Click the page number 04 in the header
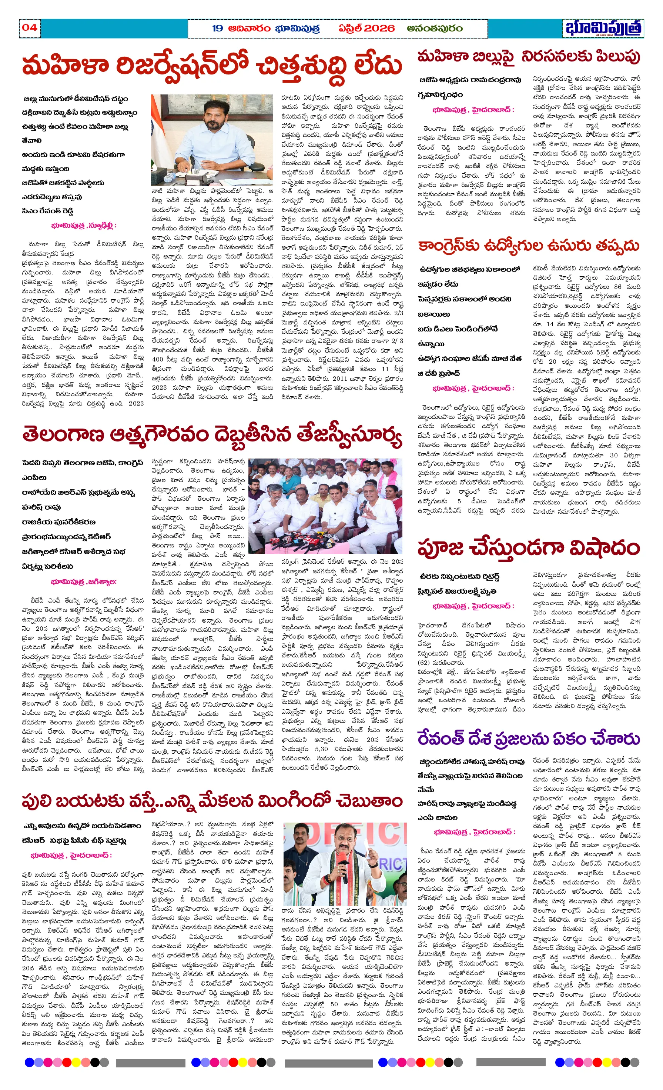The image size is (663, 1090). coord(30,27)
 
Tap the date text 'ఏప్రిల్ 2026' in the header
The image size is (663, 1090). coord(366,28)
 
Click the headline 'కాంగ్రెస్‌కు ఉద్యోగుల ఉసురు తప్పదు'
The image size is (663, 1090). coord(529,246)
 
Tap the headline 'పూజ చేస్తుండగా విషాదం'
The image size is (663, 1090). coord(529,548)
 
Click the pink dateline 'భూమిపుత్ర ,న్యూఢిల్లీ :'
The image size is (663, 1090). coord(83,226)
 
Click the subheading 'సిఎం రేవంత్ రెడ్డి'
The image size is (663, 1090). coord(48,211)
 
